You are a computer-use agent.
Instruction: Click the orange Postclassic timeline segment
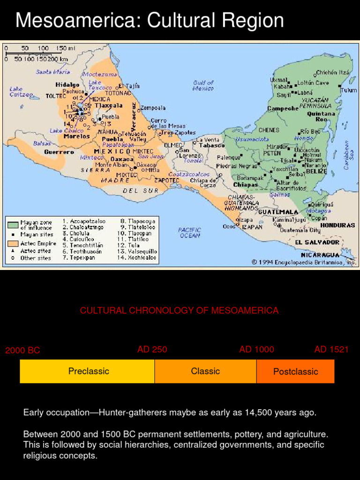(295, 372)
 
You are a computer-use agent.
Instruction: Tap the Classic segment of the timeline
(205, 371)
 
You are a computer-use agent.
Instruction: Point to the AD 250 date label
(152, 350)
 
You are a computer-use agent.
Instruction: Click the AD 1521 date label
(331, 350)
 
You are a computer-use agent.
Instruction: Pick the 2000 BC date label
(22, 351)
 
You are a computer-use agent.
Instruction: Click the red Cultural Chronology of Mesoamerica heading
(179, 311)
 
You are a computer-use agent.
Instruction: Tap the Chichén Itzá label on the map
(333, 73)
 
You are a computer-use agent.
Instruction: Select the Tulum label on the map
(348, 90)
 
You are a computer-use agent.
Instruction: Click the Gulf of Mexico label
(203, 85)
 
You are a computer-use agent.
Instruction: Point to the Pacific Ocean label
(189, 232)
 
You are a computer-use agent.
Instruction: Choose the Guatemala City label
(300, 230)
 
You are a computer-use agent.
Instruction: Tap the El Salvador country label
(317, 242)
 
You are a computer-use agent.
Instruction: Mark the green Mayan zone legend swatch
(13, 225)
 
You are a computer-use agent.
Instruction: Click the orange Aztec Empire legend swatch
(13, 243)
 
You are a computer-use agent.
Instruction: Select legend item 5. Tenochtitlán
(82, 245)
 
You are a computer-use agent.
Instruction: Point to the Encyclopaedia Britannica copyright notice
(304, 262)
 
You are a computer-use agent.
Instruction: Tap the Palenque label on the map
(228, 157)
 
